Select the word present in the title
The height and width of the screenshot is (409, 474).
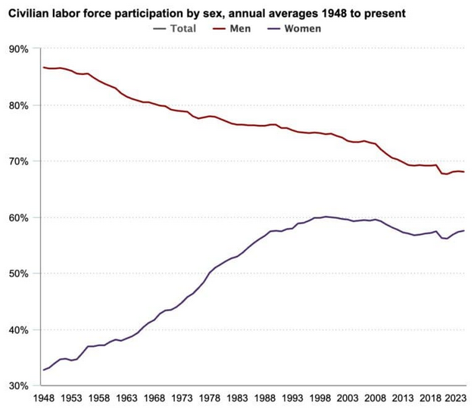click(x=385, y=12)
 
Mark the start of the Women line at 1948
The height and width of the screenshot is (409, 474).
click(x=44, y=370)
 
